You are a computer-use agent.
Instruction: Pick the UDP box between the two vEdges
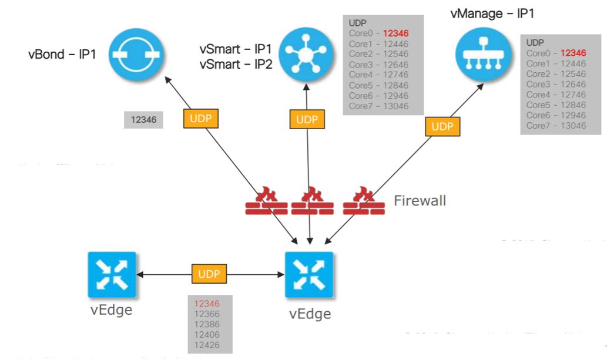tap(210, 274)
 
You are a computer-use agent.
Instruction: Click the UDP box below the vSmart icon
tap(307, 119)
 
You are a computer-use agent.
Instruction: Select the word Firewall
tap(420, 201)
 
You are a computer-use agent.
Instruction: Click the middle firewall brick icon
tap(309, 201)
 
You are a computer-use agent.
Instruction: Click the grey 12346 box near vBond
tap(143, 119)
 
